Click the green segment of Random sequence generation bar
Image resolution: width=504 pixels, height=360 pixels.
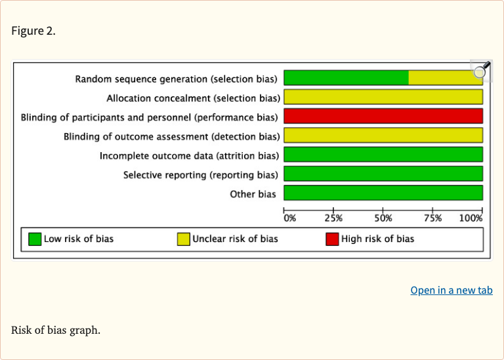pos(346,78)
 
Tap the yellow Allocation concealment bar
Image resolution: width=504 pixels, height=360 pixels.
pos(383,97)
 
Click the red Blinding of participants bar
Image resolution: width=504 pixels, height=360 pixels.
pos(383,117)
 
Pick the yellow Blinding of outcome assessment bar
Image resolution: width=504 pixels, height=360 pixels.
pos(383,136)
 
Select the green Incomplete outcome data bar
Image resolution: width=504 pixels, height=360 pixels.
pos(383,155)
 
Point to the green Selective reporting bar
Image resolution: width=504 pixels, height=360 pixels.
pos(383,174)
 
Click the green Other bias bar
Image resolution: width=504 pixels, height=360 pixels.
pos(383,193)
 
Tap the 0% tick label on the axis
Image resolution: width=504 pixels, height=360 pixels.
pos(289,218)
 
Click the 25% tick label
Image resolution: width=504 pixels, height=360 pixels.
pos(333,218)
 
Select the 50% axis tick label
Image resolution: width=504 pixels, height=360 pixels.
pos(383,218)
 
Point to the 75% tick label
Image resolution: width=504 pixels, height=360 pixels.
pos(432,218)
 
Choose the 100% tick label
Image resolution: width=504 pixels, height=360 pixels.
pos(471,218)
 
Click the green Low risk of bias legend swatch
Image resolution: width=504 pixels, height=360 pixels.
pos(35,239)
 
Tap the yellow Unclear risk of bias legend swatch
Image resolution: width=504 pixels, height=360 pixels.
pos(184,239)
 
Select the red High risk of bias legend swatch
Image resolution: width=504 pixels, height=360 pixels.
pos(332,239)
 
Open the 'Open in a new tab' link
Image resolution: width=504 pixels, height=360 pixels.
pos(451,290)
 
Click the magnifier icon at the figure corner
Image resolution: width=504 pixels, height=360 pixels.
pos(481,70)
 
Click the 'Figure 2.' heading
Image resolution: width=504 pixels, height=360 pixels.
pos(33,31)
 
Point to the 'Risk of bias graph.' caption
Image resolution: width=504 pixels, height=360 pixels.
pos(56,329)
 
